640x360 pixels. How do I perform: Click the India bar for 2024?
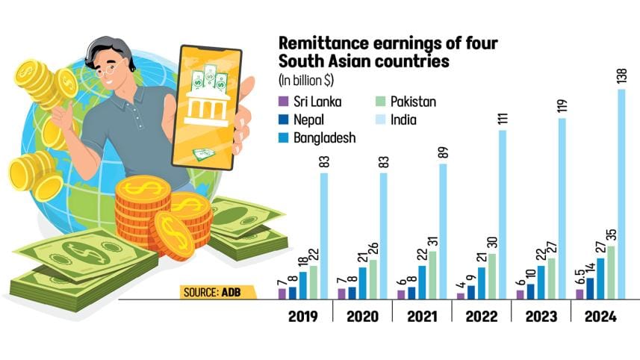[621, 195]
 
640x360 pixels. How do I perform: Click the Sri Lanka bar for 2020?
[341, 294]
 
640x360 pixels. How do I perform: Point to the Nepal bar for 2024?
[590, 288]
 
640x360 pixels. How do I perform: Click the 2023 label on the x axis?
[541, 317]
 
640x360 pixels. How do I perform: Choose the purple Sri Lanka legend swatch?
[282, 101]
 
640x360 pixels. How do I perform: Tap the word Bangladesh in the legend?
[323, 137]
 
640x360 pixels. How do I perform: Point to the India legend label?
[403, 119]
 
